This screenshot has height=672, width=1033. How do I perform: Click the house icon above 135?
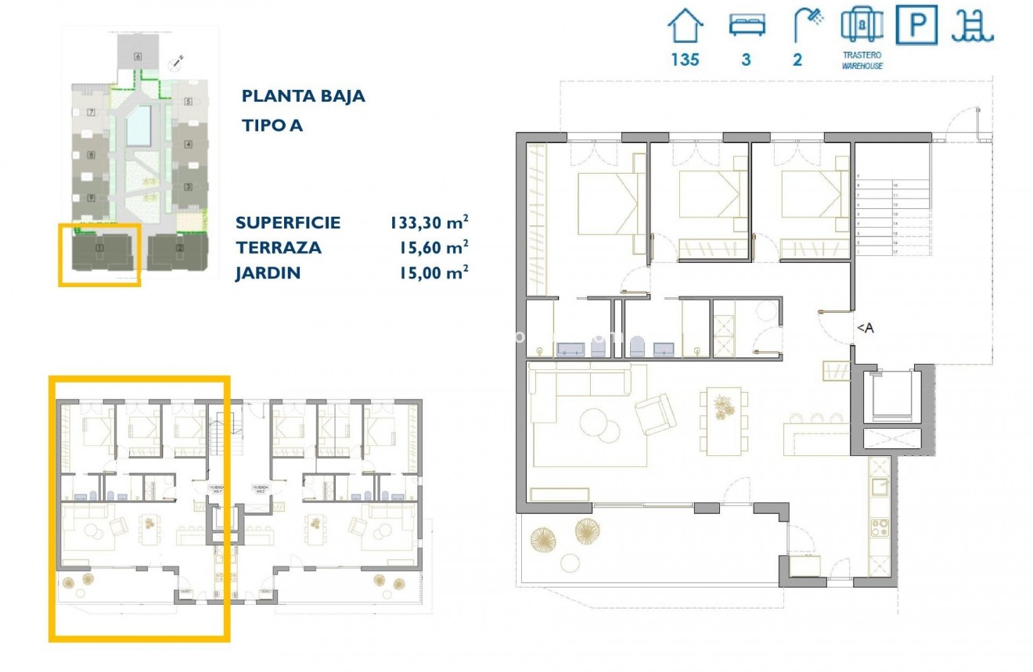(x=686, y=26)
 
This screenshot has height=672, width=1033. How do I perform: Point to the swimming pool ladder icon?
(x=973, y=26)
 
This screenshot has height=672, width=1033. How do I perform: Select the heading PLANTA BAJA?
(x=304, y=96)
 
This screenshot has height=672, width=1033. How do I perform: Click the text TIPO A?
(x=272, y=125)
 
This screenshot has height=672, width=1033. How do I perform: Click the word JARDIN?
(x=268, y=273)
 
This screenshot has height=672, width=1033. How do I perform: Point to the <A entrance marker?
(x=865, y=329)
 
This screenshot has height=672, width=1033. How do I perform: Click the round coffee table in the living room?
(x=599, y=426)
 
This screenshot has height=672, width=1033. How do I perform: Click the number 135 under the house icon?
(x=685, y=60)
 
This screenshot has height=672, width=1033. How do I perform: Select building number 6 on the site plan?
(x=138, y=56)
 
